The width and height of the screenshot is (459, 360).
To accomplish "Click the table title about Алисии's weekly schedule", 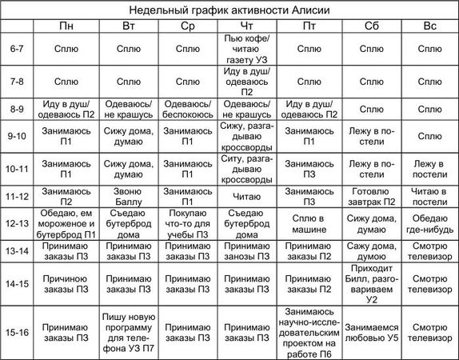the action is point(229,10).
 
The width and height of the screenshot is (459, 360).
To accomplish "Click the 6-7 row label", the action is point(18,49).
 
